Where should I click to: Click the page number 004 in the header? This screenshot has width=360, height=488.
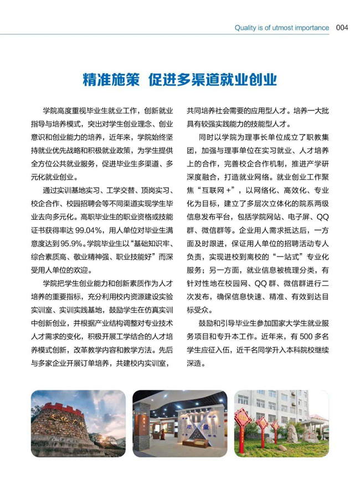pos(342,28)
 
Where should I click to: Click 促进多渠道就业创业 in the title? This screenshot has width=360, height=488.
pos(212,79)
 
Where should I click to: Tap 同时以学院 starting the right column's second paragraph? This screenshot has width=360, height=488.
pos(217,137)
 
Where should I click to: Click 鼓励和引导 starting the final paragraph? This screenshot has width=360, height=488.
pos(217,325)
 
